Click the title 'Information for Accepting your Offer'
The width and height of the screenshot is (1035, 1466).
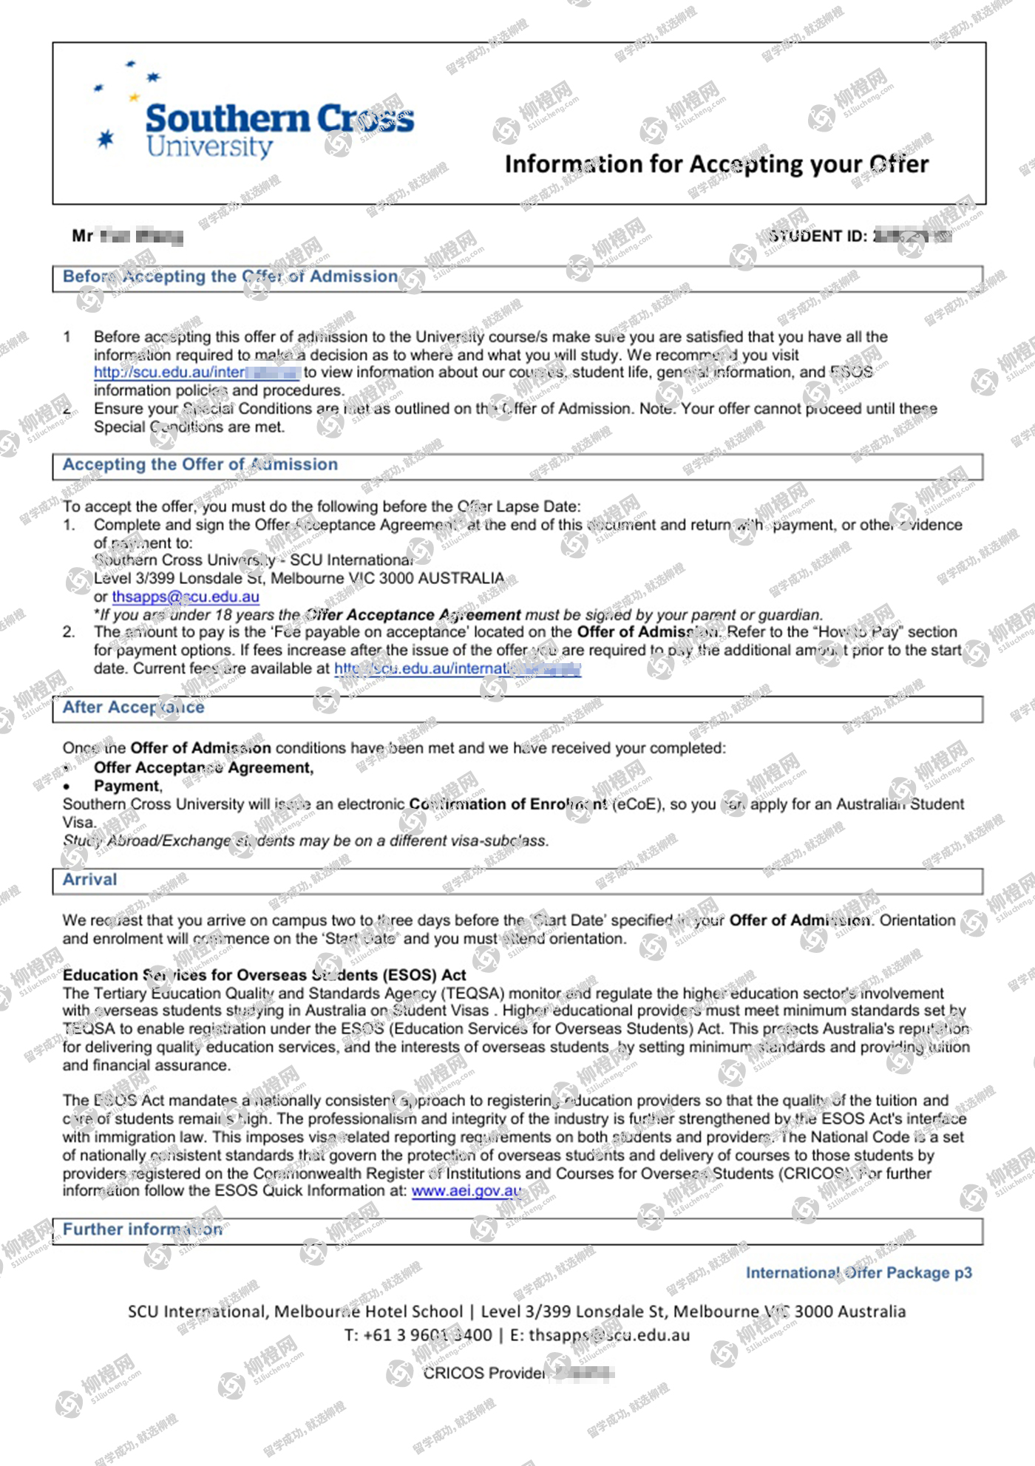coord(716,164)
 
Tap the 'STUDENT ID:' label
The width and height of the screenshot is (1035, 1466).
coord(817,237)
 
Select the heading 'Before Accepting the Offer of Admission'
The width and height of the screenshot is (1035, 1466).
coord(230,276)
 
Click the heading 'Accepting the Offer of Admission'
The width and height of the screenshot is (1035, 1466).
coord(200,464)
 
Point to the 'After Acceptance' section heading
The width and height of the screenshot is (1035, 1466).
coord(133,707)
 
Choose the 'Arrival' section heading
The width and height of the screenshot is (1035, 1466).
coord(89,880)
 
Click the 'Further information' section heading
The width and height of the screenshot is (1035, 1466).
coord(142,1229)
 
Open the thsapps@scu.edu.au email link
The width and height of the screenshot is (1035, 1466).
coord(186,597)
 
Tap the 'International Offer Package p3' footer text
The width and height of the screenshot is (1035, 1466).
coord(858,1273)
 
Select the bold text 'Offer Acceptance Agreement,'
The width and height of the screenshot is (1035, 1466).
coord(203,768)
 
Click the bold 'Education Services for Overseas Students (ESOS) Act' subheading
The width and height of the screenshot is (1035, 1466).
coord(264,975)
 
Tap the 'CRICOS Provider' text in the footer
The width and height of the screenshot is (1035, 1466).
coord(484,1373)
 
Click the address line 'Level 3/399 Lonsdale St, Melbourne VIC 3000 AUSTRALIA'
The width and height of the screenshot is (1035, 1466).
coord(299,578)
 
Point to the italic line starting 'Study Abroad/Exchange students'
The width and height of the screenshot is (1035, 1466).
coord(305,841)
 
